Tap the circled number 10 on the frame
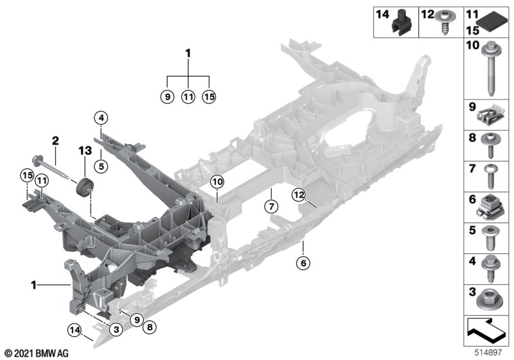tap(217, 183)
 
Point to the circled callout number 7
tap(271, 206)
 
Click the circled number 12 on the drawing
tap(299, 194)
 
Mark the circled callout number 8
tap(150, 327)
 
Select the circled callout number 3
tap(116, 329)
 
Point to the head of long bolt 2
tap(32, 159)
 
